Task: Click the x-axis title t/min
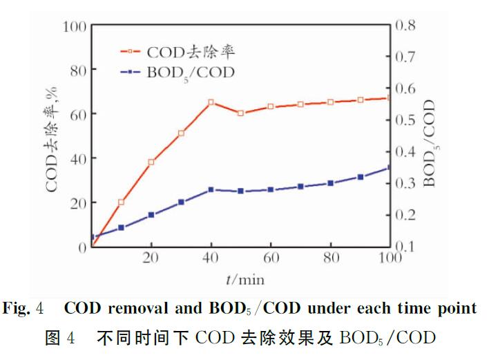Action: coord(244,280)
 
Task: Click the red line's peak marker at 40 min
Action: coord(211,102)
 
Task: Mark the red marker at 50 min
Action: coord(241,113)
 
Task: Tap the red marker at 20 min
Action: coord(151,162)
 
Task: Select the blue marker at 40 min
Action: coord(211,189)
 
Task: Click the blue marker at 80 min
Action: coord(331,183)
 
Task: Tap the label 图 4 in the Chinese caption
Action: coord(61,338)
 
